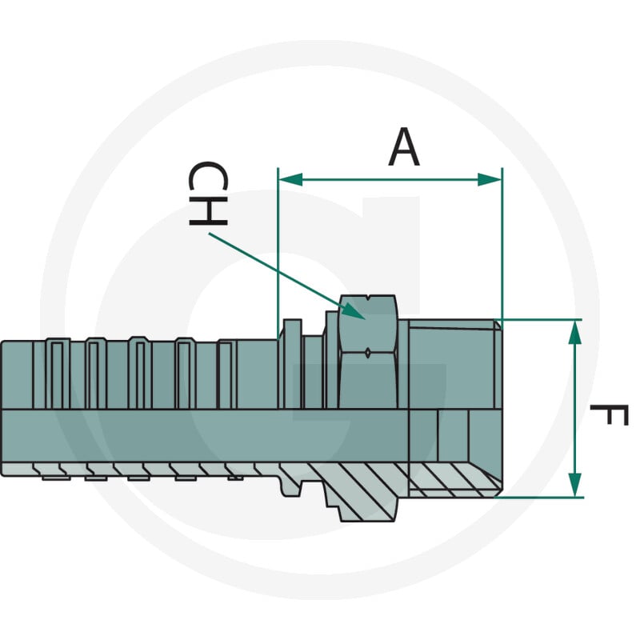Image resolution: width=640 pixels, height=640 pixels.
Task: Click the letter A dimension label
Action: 404,147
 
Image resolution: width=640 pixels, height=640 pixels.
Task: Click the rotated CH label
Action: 208,194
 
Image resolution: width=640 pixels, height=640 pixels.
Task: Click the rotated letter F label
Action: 609,415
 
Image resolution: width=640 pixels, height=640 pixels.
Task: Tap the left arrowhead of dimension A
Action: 290,179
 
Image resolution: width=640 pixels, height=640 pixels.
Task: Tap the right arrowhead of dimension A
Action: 490,179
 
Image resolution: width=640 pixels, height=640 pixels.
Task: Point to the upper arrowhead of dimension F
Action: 574,332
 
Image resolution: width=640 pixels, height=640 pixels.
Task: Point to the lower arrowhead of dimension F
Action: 574,485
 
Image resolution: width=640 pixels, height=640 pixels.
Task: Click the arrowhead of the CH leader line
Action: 353,311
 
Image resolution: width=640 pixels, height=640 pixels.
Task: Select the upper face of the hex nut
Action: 368,322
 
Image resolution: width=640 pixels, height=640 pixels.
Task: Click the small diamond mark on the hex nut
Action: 368,353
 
